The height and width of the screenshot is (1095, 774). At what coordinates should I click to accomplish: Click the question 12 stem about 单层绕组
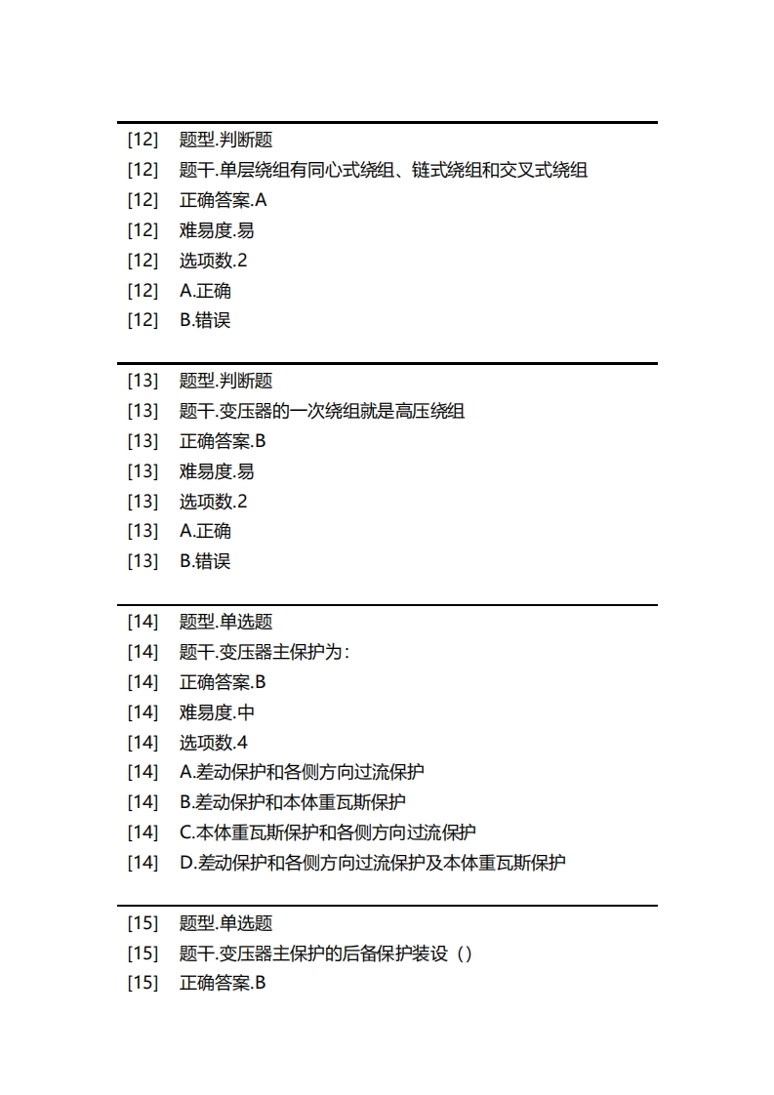[383, 170]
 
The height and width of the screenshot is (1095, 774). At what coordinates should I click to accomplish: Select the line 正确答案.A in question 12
[223, 200]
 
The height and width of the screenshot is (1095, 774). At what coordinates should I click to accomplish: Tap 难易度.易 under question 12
[217, 230]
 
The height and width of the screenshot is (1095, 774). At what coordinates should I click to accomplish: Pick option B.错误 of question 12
[205, 320]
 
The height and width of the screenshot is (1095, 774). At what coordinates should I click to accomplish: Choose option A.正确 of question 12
[205, 290]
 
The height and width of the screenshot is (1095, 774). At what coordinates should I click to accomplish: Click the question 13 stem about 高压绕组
[322, 411]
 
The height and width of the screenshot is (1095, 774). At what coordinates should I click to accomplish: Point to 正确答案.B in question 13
[223, 441]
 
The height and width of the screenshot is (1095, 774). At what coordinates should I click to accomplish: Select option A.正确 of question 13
[205, 531]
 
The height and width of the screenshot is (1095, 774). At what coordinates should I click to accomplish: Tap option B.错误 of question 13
[205, 561]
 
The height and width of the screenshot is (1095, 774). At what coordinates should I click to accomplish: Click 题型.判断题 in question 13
[225, 381]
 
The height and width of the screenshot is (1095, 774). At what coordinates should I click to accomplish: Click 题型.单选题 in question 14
[225, 622]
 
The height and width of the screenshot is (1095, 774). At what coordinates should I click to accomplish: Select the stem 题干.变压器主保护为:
[264, 652]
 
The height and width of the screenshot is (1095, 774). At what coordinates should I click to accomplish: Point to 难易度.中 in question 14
[217, 711]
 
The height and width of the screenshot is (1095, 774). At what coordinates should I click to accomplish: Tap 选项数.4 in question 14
[213, 742]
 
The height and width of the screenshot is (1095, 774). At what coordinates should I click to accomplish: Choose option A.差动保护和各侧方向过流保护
[302, 772]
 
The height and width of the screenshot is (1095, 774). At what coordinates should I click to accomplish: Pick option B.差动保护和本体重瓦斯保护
[293, 802]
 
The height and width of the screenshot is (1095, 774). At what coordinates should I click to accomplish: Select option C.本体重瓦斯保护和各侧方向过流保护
[328, 832]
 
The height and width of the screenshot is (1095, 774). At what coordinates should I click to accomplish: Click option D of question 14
[373, 863]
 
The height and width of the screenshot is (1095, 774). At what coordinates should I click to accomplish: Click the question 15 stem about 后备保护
[326, 953]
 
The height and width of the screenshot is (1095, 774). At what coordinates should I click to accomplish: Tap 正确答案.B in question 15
[223, 983]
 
